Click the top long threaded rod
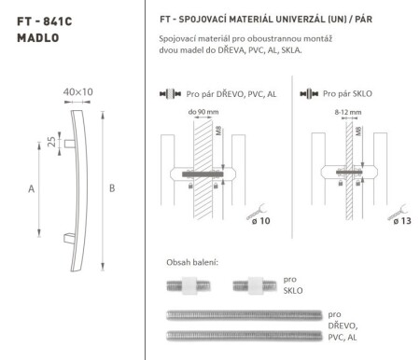[x=244, y=313]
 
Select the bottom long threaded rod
[x=244, y=334]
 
